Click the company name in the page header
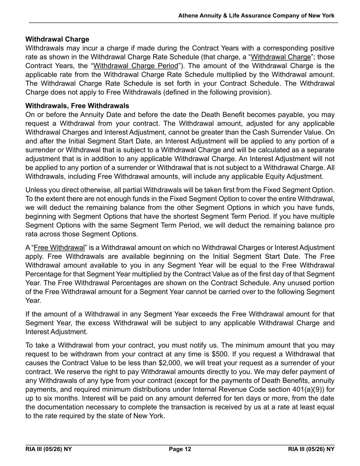[256, 16]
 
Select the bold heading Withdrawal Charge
[57, 39]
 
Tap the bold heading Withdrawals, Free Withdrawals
[77, 105]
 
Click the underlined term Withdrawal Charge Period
[136, 66]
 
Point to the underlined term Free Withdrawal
[59, 248]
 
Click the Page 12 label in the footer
[180, 449]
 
